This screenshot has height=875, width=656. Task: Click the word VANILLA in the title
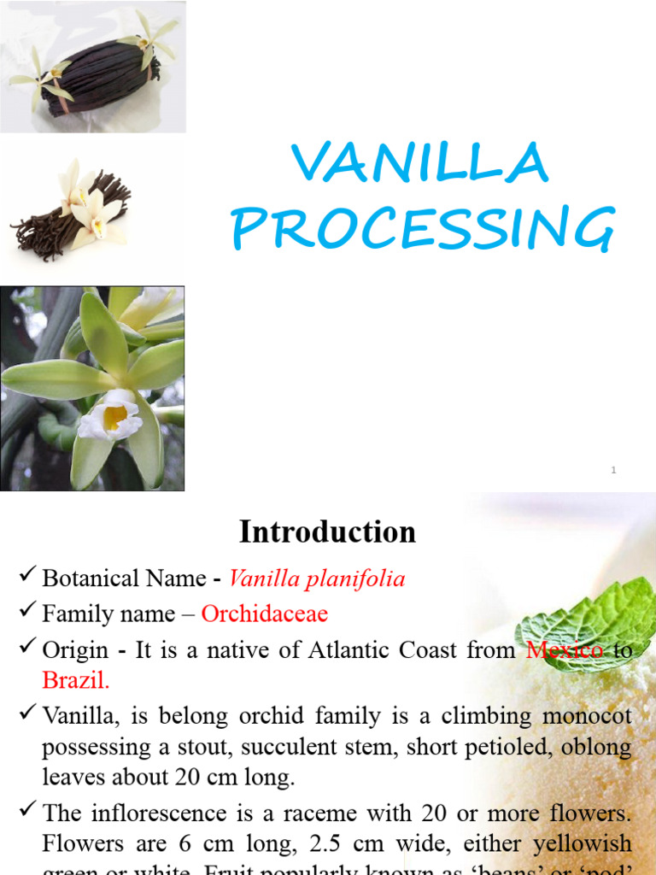coord(419,162)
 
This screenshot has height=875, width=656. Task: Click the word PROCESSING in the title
coord(423,228)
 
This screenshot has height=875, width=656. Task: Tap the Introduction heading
coord(327,531)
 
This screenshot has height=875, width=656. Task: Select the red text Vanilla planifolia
coord(317,579)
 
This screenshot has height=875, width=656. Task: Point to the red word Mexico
coord(565,649)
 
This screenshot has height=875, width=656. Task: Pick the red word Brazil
coord(77,681)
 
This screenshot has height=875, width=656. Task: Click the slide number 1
coord(613,470)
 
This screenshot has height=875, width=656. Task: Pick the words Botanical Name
coord(124,579)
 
